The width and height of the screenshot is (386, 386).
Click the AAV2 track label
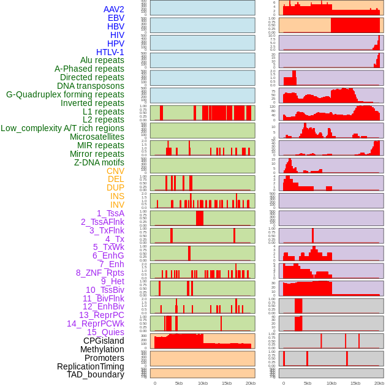(x=113, y=9)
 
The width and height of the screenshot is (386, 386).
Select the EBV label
(x=116, y=18)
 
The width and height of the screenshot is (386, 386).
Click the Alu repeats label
(x=102, y=60)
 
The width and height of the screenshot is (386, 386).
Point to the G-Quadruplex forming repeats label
(x=65, y=94)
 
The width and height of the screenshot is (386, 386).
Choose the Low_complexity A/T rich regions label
(x=62, y=128)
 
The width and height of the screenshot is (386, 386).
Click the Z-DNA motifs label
(x=99, y=162)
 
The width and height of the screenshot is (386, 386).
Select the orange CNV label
(x=115, y=171)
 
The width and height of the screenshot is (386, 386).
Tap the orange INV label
(x=117, y=205)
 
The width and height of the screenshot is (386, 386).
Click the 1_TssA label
(x=110, y=213)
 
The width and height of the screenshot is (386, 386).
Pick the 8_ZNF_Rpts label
(x=100, y=273)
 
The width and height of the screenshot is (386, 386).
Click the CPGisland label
(x=104, y=341)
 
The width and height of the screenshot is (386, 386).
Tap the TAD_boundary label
(x=96, y=374)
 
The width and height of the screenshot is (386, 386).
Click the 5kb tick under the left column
(x=179, y=383)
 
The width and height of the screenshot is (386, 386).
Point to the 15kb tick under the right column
(x=355, y=383)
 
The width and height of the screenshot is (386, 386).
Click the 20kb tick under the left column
(x=250, y=383)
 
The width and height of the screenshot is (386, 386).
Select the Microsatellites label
(x=97, y=137)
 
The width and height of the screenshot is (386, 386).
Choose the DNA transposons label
(x=91, y=86)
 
